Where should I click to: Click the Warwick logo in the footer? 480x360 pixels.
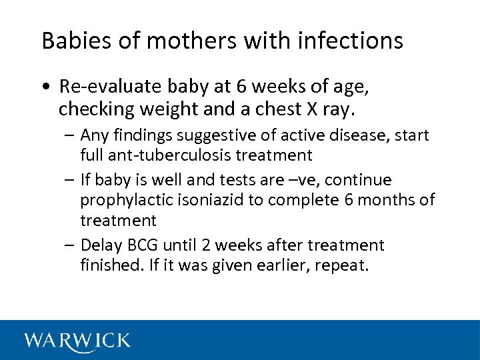[x=77, y=341]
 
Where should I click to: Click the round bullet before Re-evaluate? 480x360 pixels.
[x=45, y=87]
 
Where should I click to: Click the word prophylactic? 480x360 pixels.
[x=127, y=200]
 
